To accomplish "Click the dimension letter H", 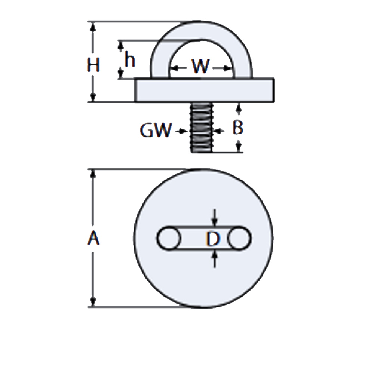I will point(93,66).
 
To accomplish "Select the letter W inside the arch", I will point(200,67).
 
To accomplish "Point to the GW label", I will point(156,131).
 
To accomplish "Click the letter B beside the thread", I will point(238,128).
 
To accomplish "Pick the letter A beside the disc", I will point(93,238).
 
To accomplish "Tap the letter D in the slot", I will point(213,239).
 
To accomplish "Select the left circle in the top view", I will point(169,239).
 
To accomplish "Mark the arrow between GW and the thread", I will point(183,131).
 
